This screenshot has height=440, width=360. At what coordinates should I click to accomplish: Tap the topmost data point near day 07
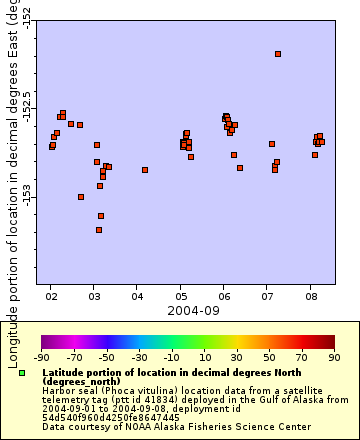(x=278, y=54)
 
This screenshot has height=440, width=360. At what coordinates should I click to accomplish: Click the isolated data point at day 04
(x=145, y=170)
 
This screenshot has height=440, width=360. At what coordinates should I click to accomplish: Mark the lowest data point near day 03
(x=99, y=230)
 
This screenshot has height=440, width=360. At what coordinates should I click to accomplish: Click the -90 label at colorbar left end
(x=41, y=356)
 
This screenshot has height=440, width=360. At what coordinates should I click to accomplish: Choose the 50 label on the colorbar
(x=269, y=356)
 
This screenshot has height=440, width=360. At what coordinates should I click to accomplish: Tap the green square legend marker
(x=22, y=373)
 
